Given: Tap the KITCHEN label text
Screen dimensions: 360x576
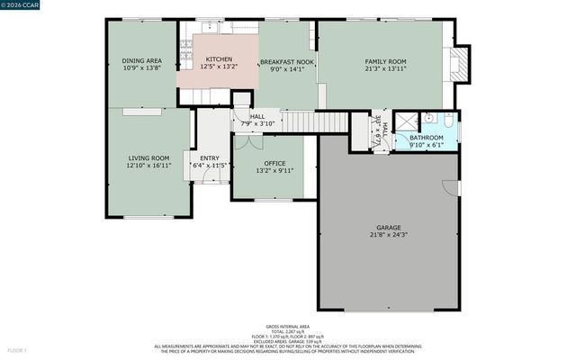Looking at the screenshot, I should [x=219, y=58].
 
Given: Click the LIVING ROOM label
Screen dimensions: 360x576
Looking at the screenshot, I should [x=148, y=157].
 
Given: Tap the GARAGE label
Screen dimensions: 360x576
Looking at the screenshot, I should [x=388, y=227].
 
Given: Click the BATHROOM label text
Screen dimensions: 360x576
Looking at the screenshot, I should [x=426, y=138].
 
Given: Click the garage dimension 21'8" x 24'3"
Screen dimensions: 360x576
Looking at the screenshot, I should [x=388, y=235].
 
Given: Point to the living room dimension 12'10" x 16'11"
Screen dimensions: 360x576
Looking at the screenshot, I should [x=148, y=166].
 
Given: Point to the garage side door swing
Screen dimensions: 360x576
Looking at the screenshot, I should [x=449, y=186].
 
